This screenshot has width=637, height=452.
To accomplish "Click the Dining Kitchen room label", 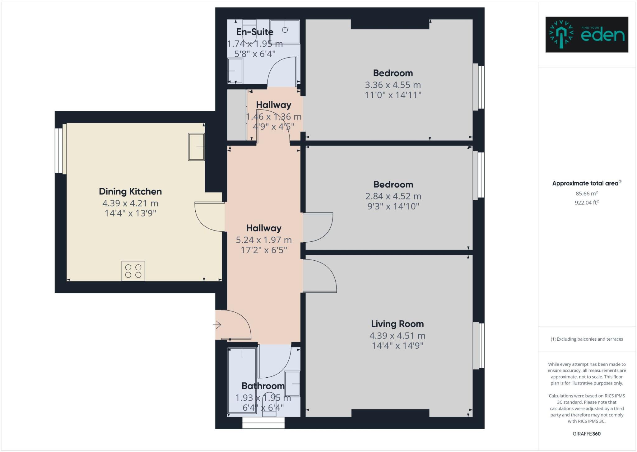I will [x=130, y=191].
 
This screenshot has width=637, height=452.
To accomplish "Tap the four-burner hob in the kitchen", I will [x=133, y=271].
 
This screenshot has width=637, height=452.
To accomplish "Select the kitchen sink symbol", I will [x=196, y=147].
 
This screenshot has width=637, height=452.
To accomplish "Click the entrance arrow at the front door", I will [x=217, y=325].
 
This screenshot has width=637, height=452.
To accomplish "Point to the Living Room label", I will [x=397, y=324].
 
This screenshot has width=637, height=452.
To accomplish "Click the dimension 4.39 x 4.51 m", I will [x=397, y=336].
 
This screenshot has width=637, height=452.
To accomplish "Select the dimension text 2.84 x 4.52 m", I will [x=393, y=196].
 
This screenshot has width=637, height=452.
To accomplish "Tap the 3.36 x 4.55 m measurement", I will [x=393, y=85].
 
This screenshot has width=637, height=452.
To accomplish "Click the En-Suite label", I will [x=255, y=32].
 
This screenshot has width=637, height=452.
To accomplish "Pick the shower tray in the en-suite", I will [x=285, y=31].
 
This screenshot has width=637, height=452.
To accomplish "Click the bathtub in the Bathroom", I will [x=242, y=381].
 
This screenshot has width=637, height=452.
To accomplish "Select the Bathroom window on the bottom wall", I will [x=263, y=423].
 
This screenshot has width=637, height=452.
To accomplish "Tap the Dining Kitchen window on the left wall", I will [x=59, y=151].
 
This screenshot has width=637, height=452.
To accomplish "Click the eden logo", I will [x=587, y=35].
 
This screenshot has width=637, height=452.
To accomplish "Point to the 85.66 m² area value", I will [x=587, y=193].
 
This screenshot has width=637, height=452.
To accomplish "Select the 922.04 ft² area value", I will [x=587, y=203].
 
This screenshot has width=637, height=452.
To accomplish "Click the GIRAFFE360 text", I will [x=587, y=434].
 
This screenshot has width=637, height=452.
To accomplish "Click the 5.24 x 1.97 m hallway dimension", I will [x=264, y=240].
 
